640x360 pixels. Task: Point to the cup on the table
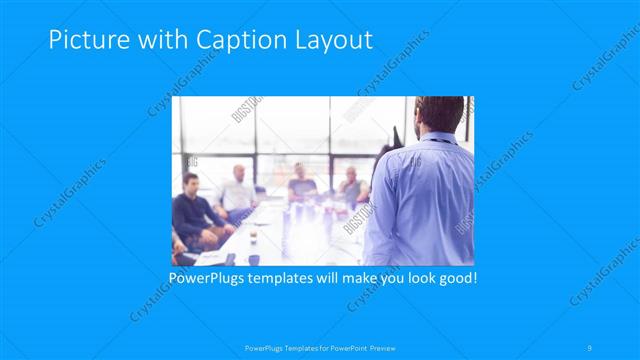click(x=254, y=232)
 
